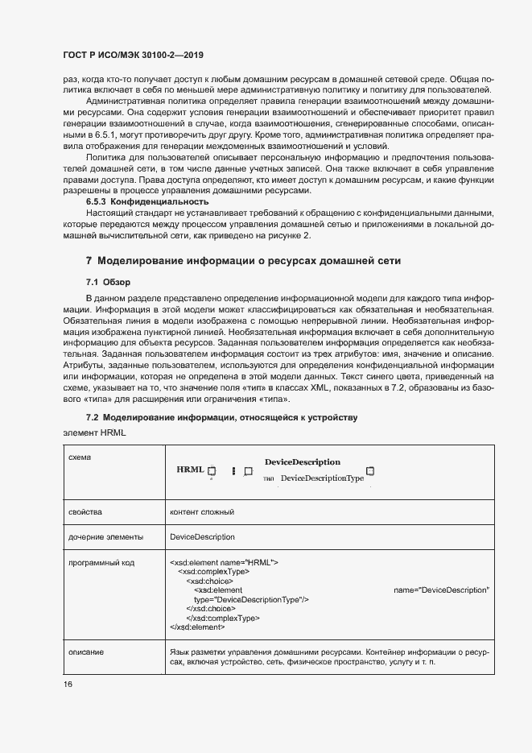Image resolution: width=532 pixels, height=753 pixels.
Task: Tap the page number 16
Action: [68, 684]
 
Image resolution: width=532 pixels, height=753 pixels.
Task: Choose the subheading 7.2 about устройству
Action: [221, 417]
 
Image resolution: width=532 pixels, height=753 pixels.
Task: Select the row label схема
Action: [80, 457]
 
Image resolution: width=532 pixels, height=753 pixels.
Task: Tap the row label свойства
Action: [85, 511]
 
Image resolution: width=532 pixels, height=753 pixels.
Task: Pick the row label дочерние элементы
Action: [106, 536]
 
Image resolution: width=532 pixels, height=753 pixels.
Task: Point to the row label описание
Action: [86, 651]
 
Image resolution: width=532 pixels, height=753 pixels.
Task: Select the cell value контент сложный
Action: [201, 511]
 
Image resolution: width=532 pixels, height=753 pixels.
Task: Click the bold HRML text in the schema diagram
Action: [191, 470]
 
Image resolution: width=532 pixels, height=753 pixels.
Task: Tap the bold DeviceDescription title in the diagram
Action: [302, 461]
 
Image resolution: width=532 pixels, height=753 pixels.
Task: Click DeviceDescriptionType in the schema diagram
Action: [322, 478]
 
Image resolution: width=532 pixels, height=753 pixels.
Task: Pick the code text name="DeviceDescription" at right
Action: [441, 590]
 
